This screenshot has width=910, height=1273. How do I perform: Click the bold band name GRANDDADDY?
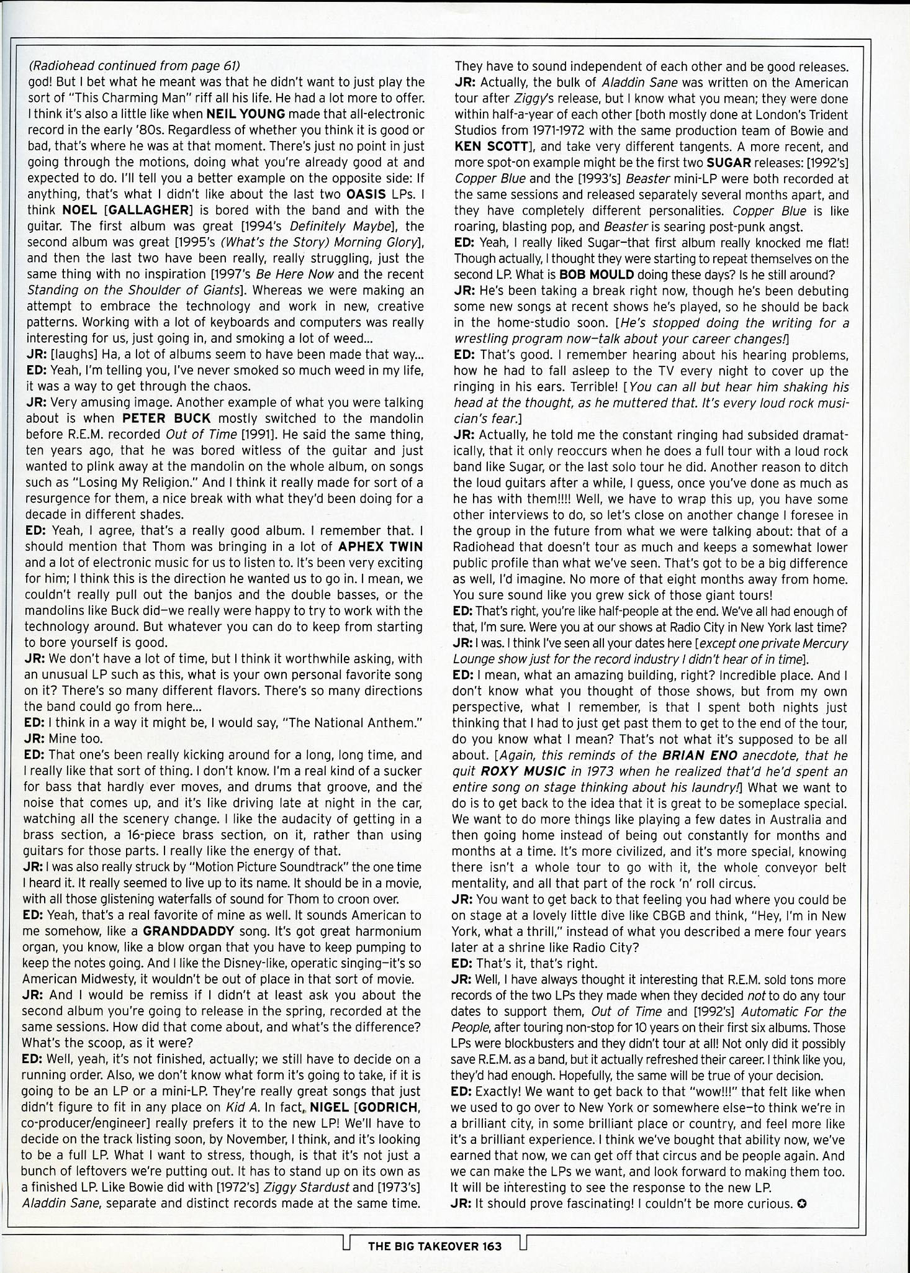point(188,931)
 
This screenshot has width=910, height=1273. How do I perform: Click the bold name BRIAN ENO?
point(700,756)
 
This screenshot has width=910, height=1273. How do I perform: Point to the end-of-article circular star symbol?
point(802,1205)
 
